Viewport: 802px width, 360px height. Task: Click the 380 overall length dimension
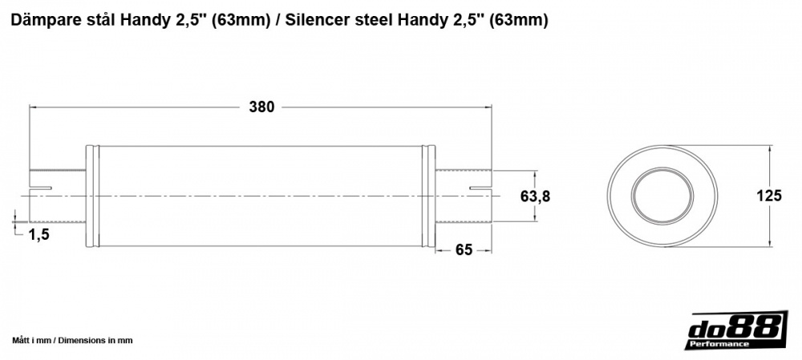(x=261, y=107)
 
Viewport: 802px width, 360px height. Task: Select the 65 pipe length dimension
(x=464, y=249)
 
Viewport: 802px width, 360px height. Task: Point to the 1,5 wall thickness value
(x=39, y=234)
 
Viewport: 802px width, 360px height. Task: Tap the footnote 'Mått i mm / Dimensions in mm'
(x=72, y=341)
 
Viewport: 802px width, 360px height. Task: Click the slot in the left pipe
(x=41, y=188)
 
